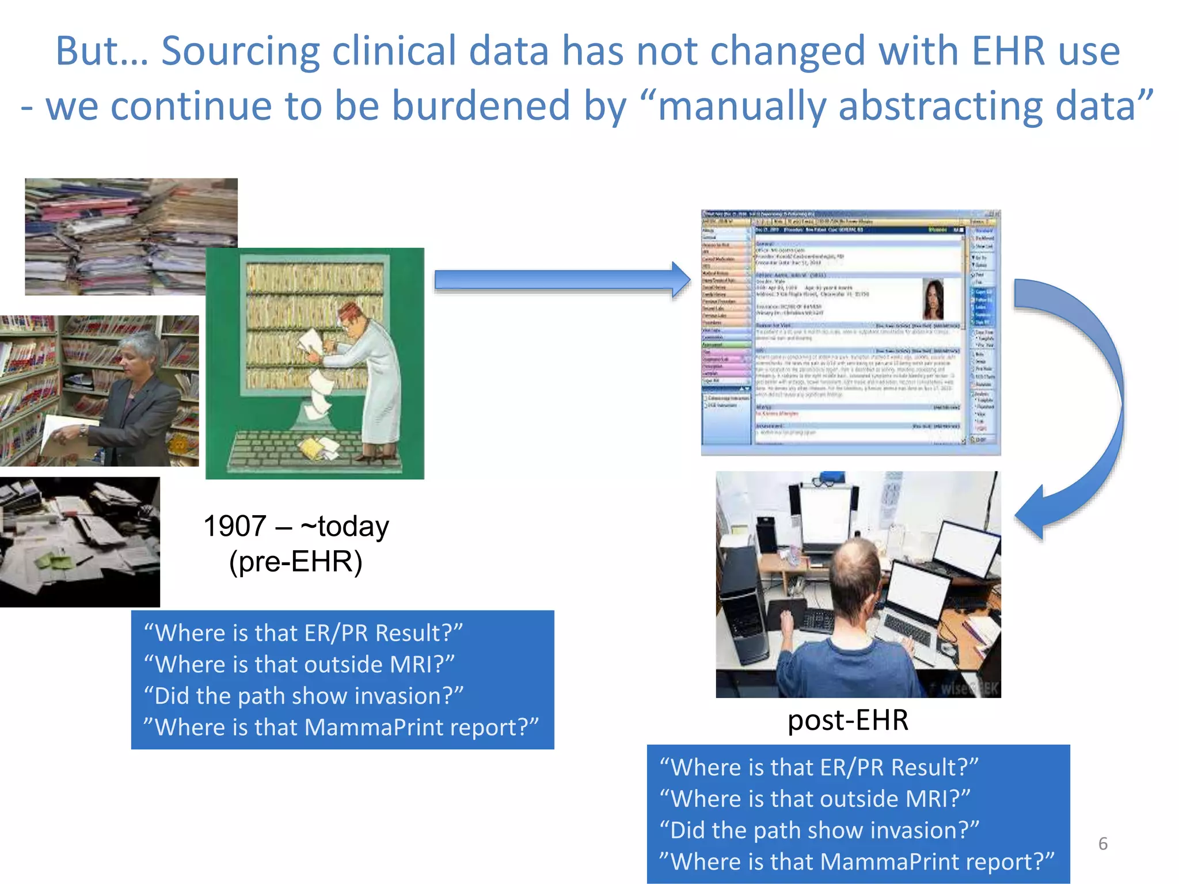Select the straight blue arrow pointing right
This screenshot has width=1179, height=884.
pos(561,280)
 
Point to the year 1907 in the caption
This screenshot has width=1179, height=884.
pos(235,526)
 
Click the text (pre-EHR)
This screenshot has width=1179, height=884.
pos(295,561)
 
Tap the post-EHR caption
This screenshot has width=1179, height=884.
pos(847,720)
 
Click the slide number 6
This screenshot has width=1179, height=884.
pos(1102,844)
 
